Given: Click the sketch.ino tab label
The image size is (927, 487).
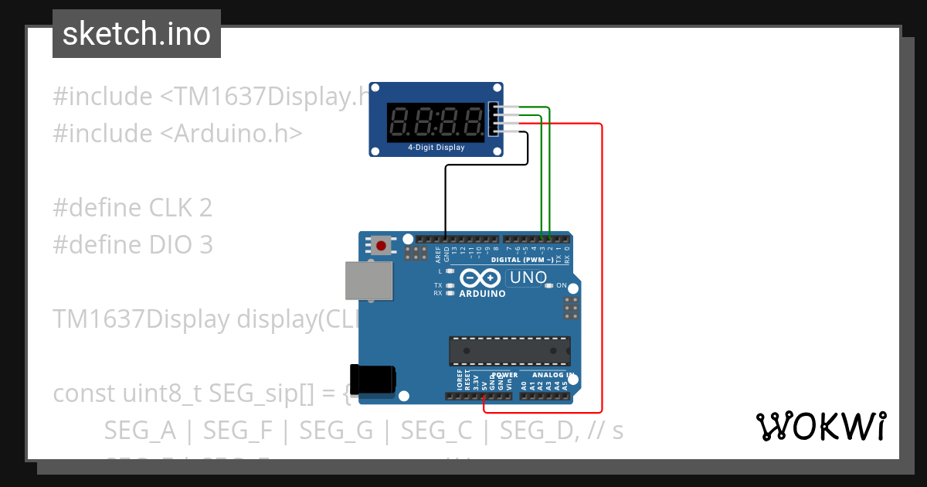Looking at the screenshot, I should (136, 34).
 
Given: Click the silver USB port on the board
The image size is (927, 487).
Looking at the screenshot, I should (368, 280).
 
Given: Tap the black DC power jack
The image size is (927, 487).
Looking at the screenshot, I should (372, 379).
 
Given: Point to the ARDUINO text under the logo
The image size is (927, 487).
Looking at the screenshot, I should (482, 294).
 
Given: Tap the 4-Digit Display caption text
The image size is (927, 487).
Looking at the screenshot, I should (436, 148).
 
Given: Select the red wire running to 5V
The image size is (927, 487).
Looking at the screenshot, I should (601, 271).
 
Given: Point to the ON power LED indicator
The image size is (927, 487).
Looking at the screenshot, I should (549, 285).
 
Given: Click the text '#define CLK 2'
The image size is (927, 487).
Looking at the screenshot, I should (132, 208).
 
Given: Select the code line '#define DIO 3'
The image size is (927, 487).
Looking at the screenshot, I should (132, 245).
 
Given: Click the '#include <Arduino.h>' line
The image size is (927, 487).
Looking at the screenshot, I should (177, 134).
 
